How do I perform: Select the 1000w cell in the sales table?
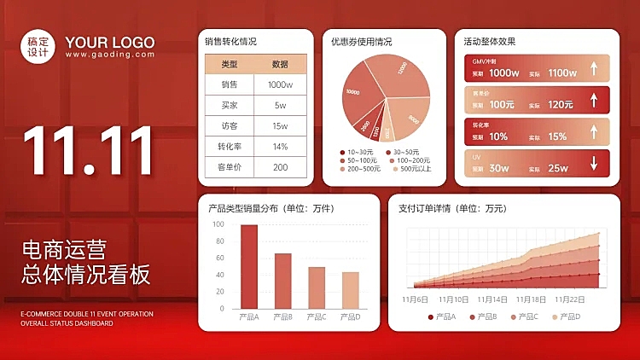click(280, 84)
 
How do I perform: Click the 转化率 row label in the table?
click(230, 146)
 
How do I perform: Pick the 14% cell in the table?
click(280, 146)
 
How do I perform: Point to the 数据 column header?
click(280, 64)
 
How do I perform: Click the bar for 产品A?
click(248, 266)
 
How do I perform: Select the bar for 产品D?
click(350, 290)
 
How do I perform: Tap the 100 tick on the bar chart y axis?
click(218, 225)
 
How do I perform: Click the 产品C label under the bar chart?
click(316, 317)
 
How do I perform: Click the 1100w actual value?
click(562, 73)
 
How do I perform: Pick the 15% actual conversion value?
click(557, 136)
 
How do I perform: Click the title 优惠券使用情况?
click(362, 41)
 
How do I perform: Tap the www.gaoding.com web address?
click(110, 55)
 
